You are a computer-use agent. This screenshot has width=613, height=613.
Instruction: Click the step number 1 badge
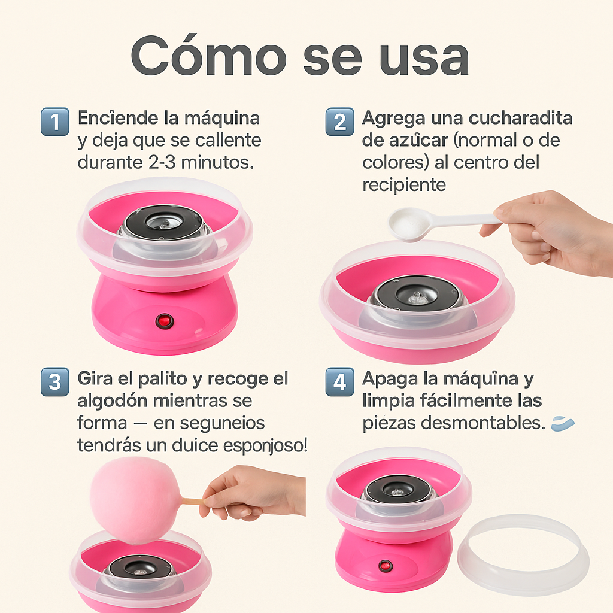[x=55, y=122]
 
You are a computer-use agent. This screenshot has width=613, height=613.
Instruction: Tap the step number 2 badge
[x=339, y=122]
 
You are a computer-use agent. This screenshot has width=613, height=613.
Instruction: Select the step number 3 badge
[x=55, y=381]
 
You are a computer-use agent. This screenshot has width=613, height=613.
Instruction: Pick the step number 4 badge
[x=339, y=381]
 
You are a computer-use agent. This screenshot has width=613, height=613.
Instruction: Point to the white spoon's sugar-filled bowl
[x=411, y=223]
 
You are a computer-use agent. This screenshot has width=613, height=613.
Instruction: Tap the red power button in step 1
[x=163, y=320]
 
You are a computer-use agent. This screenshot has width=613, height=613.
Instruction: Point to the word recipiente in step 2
[x=404, y=185]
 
